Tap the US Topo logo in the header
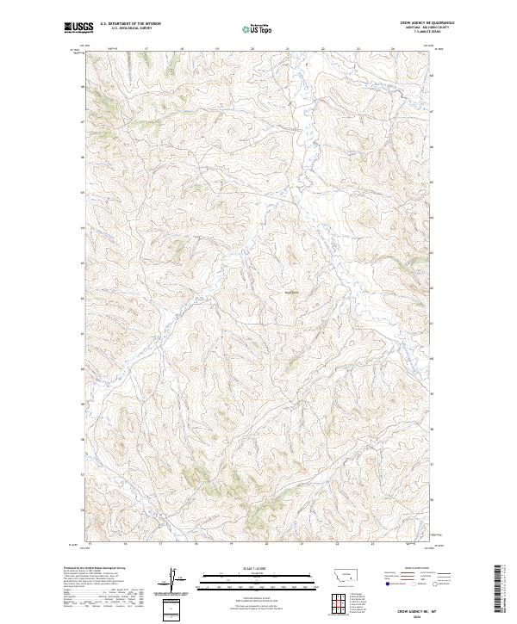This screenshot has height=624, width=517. (x=258, y=29)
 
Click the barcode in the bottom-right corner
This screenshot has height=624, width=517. (x=504, y=591)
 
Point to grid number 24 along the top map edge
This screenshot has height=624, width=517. (x=393, y=50)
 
